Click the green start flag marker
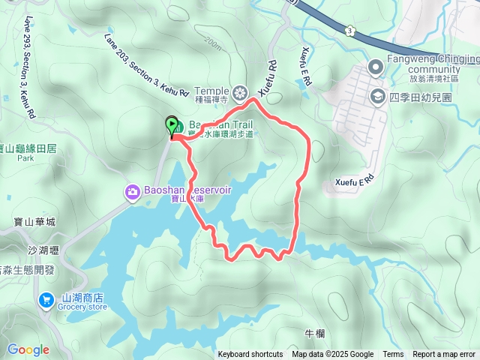(x=172, y=126)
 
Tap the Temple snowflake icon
(x=240, y=93)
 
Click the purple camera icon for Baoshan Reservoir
(x=133, y=193)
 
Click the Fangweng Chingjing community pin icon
(x=375, y=69)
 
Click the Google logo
(x=28, y=349)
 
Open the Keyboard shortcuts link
(x=250, y=355)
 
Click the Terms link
(x=393, y=355)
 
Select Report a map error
(x=444, y=355)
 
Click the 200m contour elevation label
(x=211, y=45)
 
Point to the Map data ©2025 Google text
(x=333, y=355)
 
